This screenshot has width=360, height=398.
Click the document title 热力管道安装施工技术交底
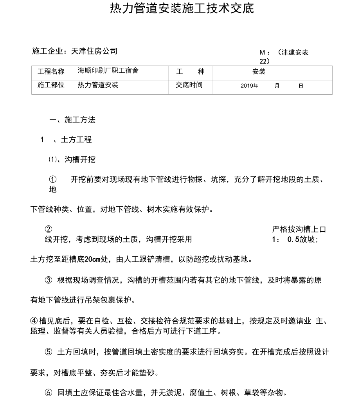tap(182, 9)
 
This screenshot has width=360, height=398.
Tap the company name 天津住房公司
tap(94, 51)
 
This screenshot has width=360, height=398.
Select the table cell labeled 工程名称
tap(51, 71)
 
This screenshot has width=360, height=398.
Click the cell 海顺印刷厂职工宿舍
tap(108, 71)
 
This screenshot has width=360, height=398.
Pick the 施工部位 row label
tap(51, 85)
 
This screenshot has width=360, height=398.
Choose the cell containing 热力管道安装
tap(98, 85)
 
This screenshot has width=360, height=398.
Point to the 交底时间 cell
tap(189, 85)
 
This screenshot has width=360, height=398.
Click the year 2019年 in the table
tap(249, 85)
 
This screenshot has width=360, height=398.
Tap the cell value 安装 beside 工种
tap(259, 72)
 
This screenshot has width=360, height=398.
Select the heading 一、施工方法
tap(72, 120)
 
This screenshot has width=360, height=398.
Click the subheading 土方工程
tap(76, 139)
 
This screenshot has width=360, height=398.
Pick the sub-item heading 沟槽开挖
tap(80, 159)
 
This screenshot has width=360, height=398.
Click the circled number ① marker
tap(53, 180)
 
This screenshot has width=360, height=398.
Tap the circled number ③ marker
tap(49, 280)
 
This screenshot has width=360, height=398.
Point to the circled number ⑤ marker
tap(49, 352)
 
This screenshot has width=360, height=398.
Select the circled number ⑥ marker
tap(49, 392)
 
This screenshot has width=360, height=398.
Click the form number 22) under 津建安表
tap(265, 61)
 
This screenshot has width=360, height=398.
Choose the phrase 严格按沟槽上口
tap(299, 229)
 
